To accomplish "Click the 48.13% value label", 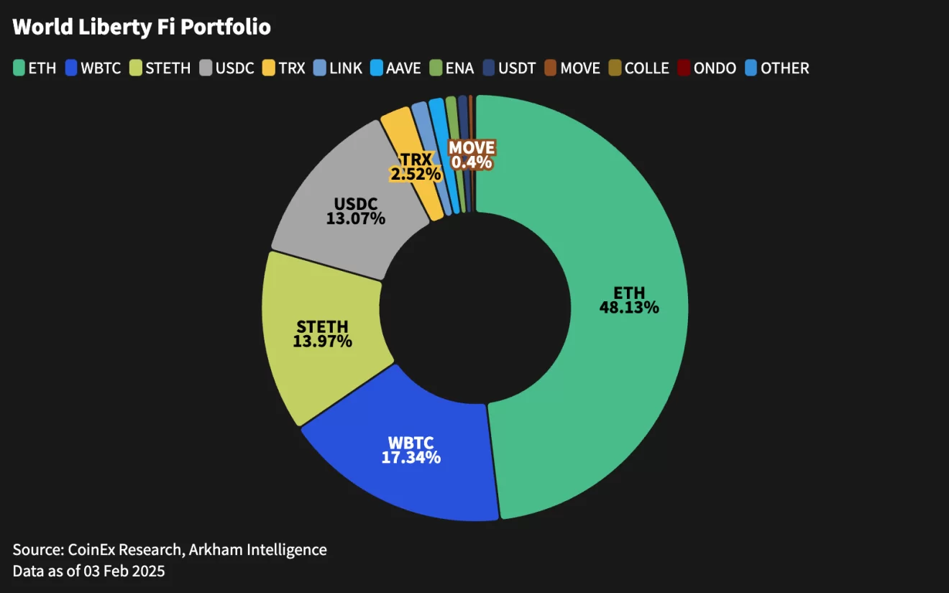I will coord(629,308).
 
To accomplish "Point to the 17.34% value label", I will coord(411,457).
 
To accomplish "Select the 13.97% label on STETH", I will coord(322,341).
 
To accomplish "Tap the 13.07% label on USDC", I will coord(356,219).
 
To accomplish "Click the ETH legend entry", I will coord(35,68).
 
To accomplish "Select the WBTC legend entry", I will coord(93,68).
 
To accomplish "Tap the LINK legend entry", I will coord(339,68).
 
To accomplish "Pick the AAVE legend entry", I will coord(395,68).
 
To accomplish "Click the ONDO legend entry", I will coord(707,68).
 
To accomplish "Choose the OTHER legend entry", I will coord(777,68).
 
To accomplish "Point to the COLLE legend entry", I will coord(639,68).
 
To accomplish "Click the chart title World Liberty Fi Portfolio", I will coord(142,27).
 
